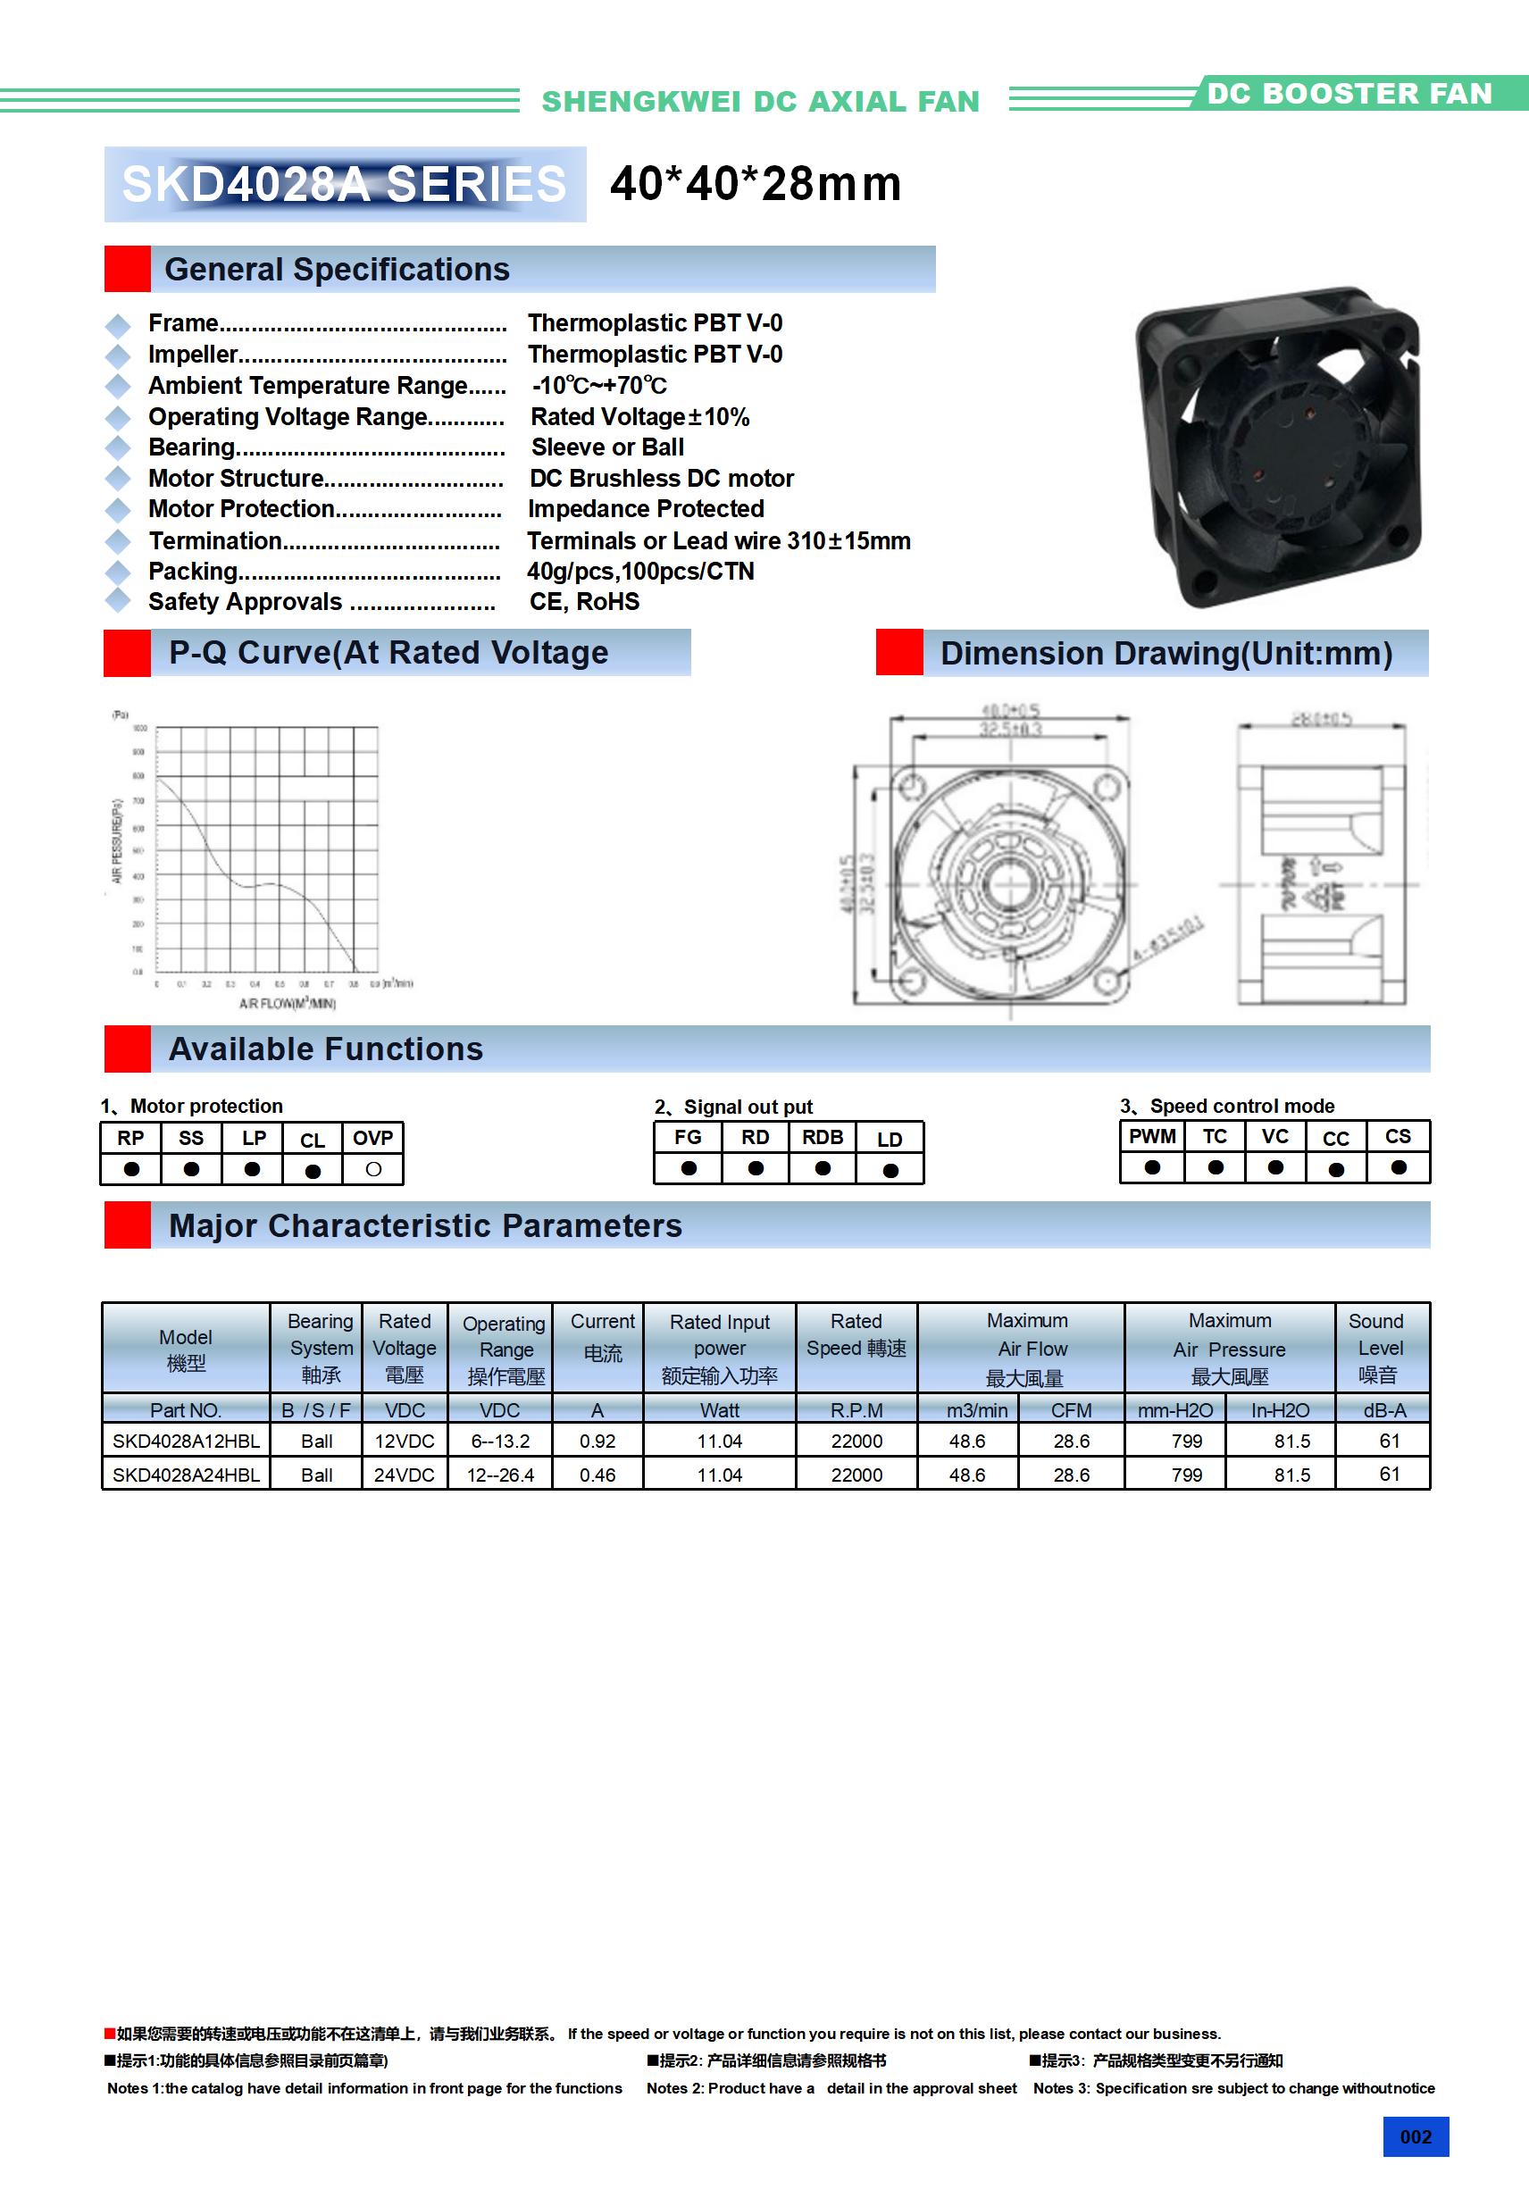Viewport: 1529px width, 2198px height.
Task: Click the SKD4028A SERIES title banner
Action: pos(345,184)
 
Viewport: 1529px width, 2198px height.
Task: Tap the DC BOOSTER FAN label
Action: pos(1349,94)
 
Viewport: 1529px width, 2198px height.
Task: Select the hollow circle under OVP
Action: pos(373,1169)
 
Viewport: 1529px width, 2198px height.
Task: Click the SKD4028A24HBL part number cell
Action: pos(186,1475)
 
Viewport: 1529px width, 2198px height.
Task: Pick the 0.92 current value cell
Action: pos(597,1441)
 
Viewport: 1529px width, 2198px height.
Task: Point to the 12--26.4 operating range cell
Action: pos(500,1475)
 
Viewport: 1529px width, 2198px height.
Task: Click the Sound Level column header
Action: pos(1377,1347)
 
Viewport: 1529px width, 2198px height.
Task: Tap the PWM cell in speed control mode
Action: pos(1152,1136)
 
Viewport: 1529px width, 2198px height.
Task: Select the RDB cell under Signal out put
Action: pos(823,1137)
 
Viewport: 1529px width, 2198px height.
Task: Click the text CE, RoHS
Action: pos(584,601)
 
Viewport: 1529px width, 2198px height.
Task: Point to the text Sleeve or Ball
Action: pos(607,447)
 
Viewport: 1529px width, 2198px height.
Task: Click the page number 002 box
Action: pos(1415,2136)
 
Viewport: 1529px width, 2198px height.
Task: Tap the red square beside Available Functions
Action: pos(128,1049)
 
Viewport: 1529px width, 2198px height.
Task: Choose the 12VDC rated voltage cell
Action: pos(404,1441)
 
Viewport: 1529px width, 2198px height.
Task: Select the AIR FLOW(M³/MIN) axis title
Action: pos(288,1003)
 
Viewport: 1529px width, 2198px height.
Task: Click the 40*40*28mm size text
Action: pos(756,184)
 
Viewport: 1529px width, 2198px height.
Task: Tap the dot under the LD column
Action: pos(890,1170)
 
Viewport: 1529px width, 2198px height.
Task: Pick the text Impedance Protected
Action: pos(646,508)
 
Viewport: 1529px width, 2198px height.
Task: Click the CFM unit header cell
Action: pos(1071,1410)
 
